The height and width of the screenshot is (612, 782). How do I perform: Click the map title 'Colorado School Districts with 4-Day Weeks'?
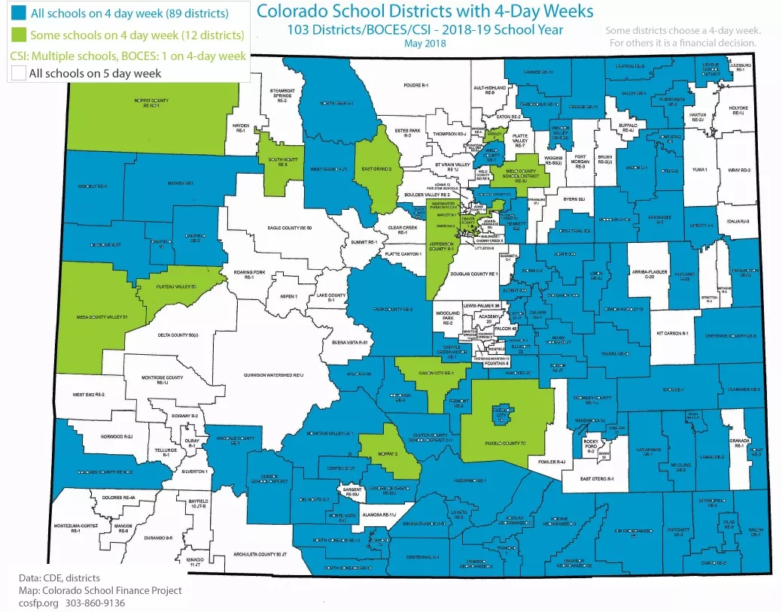pos(424,11)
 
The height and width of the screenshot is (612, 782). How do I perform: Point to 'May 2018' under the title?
pos(425,43)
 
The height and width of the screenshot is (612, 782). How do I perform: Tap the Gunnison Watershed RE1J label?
pos(271,374)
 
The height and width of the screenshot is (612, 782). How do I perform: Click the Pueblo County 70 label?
pos(503,444)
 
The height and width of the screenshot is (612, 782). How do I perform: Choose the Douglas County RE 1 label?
pos(473,274)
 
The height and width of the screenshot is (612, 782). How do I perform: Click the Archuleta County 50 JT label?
pos(261,554)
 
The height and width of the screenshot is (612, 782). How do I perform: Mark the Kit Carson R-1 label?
pos(673,332)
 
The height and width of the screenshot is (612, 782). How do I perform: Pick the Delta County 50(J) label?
pos(177,334)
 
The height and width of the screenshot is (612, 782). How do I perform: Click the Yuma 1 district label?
pos(700,171)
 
